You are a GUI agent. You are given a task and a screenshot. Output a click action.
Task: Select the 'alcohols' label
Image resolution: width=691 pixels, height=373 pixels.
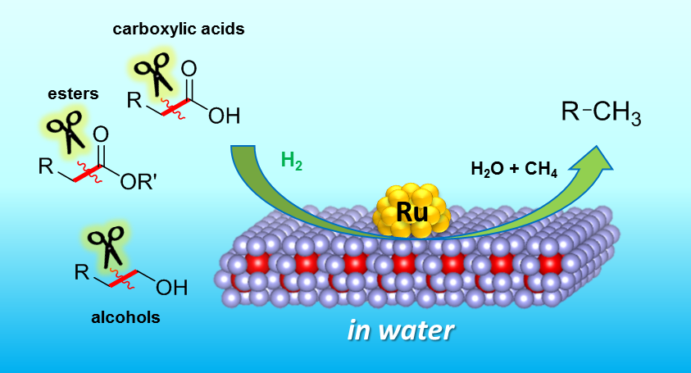coord(125,316)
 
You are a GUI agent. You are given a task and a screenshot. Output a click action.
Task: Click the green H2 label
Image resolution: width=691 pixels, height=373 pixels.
coord(292,160)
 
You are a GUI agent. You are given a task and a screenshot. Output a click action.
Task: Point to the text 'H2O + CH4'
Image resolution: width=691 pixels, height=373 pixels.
coord(514,171)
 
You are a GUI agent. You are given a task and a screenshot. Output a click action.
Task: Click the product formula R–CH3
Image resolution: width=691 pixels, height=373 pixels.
coord(601,112)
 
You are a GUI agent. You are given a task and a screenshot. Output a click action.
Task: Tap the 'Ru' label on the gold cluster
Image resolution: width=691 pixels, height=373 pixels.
coord(412,212)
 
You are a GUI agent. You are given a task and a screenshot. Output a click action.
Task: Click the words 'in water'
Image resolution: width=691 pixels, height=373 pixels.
coord(402,331)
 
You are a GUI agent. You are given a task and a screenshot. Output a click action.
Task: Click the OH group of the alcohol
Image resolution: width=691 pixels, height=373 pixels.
coord(171,288)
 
